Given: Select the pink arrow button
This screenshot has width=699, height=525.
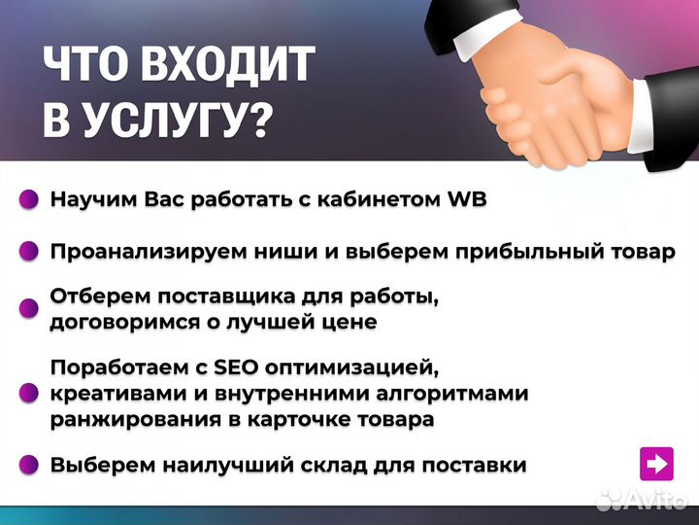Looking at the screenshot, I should (x=657, y=464).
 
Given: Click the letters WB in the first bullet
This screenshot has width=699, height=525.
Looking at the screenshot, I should (x=465, y=200).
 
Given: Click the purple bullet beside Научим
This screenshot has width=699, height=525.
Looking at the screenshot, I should (x=30, y=200).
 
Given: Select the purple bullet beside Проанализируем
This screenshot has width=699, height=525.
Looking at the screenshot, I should (x=30, y=252).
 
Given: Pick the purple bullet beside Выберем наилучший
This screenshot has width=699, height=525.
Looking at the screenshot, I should (x=30, y=465).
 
